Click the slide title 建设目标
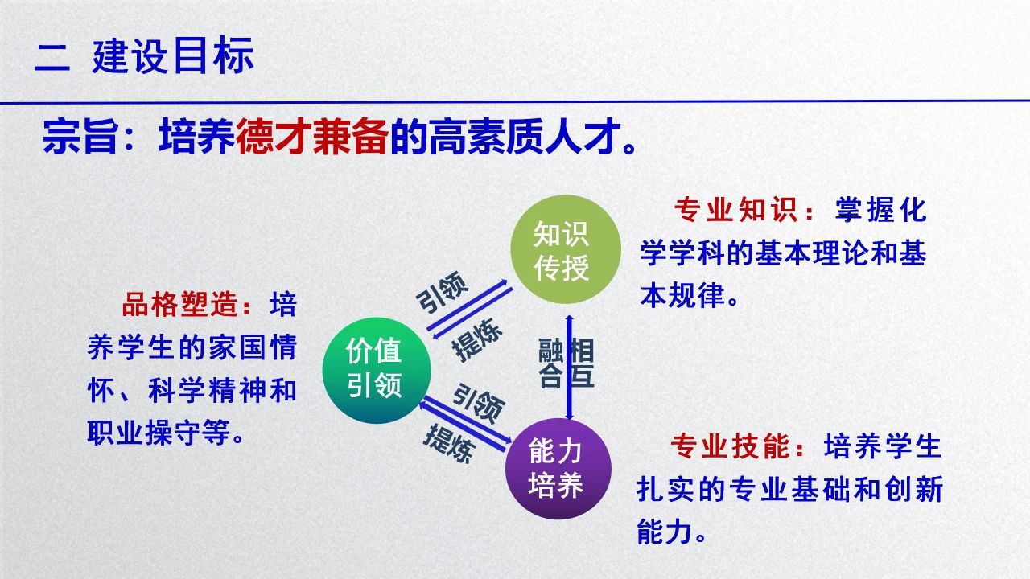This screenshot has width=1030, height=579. (x=173, y=55)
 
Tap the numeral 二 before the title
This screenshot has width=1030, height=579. (x=52, y=57)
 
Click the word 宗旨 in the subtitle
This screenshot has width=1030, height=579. (x=80, y=136)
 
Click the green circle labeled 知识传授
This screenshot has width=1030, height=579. (x=566, y=249)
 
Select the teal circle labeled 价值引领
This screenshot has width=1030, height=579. (x=377, y=370)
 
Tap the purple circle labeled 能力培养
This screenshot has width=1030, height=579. (x=558, y=468)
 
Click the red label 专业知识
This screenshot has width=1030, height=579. (x=735, y=211)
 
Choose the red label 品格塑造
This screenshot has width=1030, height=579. (x=181, y=304)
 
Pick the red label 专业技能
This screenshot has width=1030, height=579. (x=730, y=446)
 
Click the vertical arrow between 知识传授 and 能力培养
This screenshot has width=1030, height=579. (x=569, y=368)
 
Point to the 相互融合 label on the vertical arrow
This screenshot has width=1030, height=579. (x=566, y=363)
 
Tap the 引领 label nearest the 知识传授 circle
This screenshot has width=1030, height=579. (x=443, y=292)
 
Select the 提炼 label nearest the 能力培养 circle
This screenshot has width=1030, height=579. (x=449, y=443)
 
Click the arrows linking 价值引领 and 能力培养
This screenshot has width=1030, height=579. (x=465, y=424)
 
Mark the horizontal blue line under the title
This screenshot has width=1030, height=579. (x=515, y=101)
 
